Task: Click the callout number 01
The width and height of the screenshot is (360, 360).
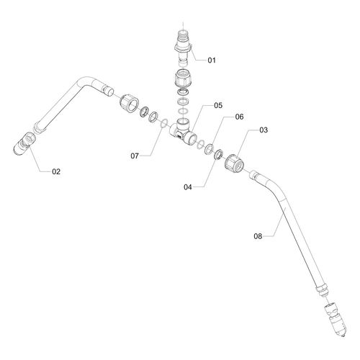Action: click(212, 60)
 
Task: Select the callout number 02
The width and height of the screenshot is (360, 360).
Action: click(56, 171)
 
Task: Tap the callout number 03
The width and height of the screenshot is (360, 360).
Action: click(264, 130)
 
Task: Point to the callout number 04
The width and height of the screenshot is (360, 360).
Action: click(188, 187)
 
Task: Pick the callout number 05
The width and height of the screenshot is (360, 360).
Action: click(218, 105)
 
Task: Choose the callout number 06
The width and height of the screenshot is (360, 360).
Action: click(239, 117)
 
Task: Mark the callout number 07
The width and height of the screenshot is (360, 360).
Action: click(135, 156)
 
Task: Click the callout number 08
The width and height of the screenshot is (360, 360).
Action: click(258, 236)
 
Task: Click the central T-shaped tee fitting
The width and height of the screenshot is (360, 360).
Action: click(184, 132)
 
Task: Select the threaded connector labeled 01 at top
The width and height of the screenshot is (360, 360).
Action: click(184, 48)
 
